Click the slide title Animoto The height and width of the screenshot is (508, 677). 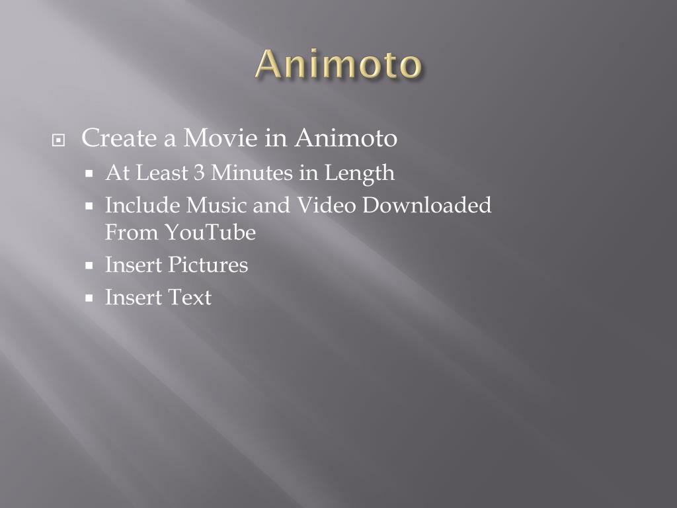[x=338, y=65]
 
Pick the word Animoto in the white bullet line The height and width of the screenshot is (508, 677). [x=346, y=138]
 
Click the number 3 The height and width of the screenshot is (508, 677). [x=199, y=173]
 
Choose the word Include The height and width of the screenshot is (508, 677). [x=142, y=205]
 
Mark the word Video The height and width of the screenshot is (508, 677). [x=325, y=205]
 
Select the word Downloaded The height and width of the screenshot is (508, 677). [x=427, y=205]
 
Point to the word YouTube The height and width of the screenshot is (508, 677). [x=210, y=233]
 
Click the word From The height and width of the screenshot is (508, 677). [x=132, y=233]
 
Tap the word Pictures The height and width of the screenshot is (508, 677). [x=208, y=265]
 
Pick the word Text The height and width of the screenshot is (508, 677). [x=190, y=298]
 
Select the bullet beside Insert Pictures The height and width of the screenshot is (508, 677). [x=90, y=266]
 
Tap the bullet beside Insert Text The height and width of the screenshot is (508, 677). [x=90, y=298]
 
